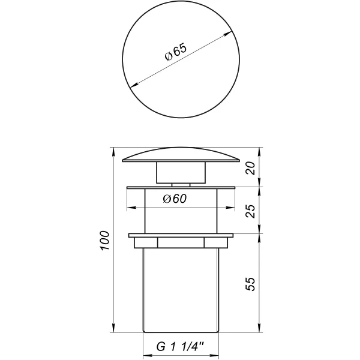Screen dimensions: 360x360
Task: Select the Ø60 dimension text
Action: pos(175,200)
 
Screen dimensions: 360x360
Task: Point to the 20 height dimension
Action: pos(251,168)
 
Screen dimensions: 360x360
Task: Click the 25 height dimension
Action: pos(251,210)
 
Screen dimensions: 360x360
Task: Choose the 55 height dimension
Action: pos(251,283)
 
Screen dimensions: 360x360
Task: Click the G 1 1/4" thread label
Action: pos(180,346)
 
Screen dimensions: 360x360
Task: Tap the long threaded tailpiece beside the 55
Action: pos(180,288)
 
